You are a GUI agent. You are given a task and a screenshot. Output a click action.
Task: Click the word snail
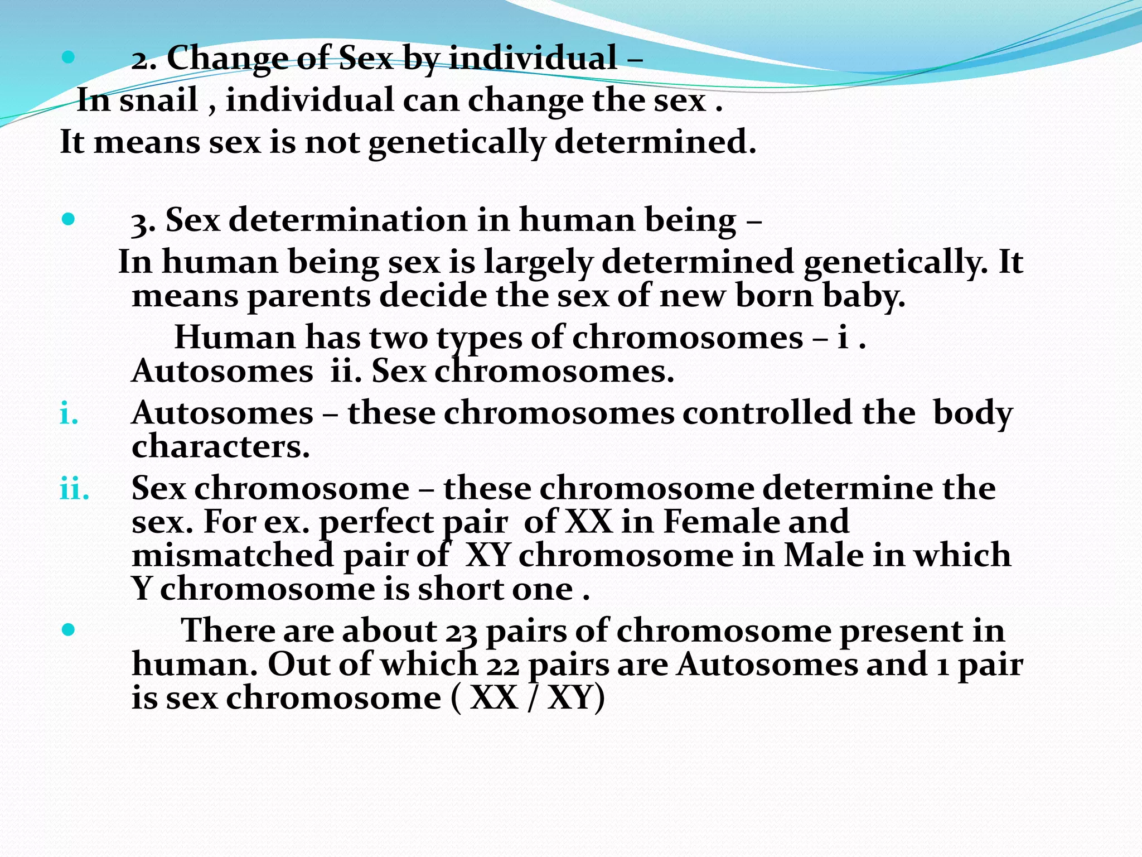[158, 102]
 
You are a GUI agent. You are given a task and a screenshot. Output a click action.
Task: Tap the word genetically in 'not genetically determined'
[456, 143]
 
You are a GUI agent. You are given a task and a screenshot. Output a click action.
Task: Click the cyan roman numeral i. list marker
[69, 415]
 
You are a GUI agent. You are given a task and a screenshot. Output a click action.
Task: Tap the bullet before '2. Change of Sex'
[68, 56]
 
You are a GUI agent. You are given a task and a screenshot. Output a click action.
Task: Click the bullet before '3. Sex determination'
[68, 219]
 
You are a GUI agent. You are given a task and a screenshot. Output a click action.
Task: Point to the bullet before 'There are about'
[68, 630]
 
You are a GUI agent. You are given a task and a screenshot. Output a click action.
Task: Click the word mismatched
[233, 556]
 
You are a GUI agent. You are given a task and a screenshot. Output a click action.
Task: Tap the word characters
[220, 447]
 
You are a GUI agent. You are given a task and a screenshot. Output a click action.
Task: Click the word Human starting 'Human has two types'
[235, 338]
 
